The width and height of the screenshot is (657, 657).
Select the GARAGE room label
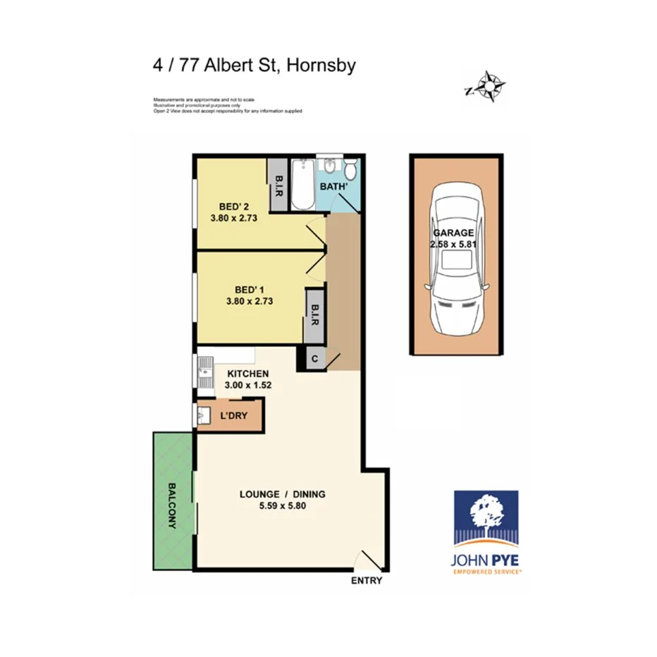point(453,233)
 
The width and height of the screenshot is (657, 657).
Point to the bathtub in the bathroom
point(302,185)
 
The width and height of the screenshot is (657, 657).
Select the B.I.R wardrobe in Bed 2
point(278,185)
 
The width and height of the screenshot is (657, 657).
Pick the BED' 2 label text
point(234,207)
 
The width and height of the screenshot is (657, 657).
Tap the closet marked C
point(314,358)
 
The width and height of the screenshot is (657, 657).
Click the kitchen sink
point(204,374)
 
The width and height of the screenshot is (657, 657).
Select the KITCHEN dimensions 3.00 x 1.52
point(247,386)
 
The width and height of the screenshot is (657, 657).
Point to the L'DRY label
point(234,416)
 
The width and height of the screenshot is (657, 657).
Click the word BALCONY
point(173,505)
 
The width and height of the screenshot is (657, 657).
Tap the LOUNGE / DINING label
point(282,493)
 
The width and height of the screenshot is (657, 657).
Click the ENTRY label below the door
point(367,581)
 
